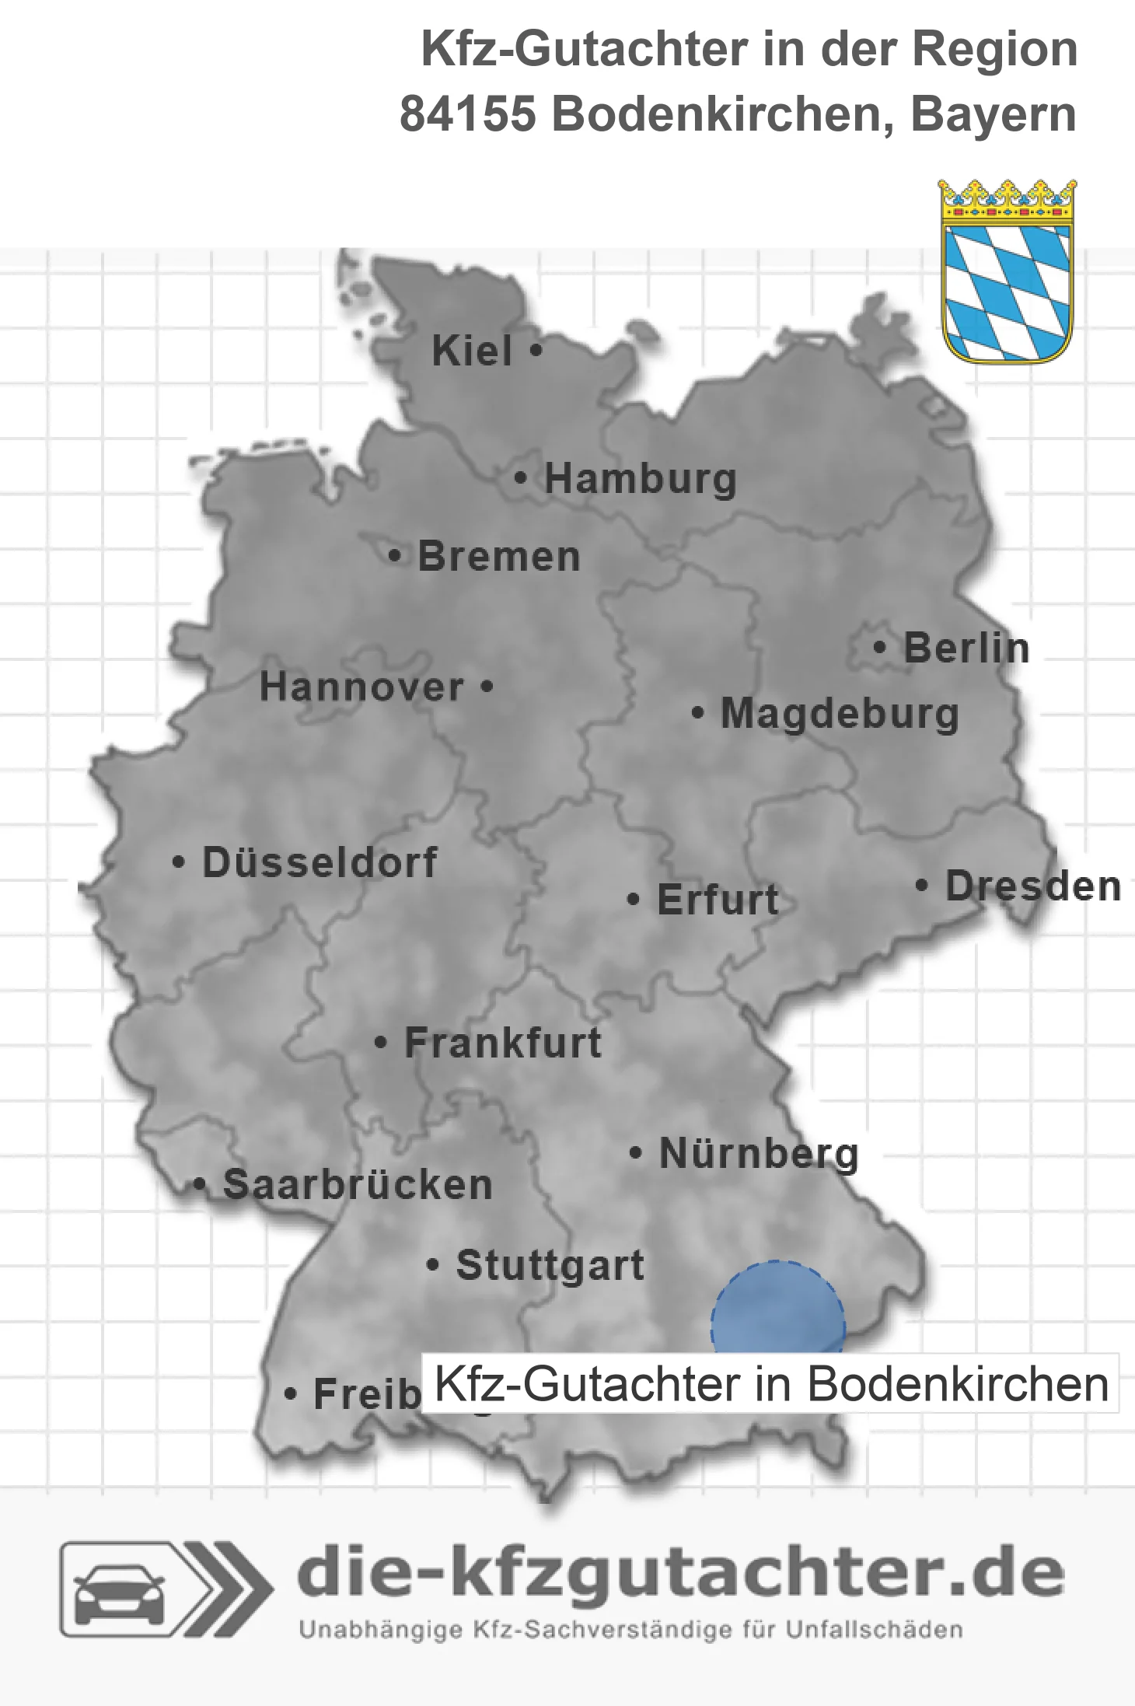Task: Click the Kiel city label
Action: [472, 351]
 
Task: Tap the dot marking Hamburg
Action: [521, 478]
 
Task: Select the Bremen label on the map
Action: [499, 557]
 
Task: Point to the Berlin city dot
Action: [879, 647]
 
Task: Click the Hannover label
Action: [361, 687]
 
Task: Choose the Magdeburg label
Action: [840, 714]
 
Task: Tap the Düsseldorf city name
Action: [320, 862]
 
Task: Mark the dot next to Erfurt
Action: [634, 900]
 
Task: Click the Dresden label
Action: [1033, 886]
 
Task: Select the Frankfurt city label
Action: [503, 1043]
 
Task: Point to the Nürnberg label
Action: [759, 1153]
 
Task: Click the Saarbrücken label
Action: [358, 1185]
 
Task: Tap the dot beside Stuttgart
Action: [433, 1265]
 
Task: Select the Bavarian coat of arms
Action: [1008, 272]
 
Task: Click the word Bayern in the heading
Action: [994, 114]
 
